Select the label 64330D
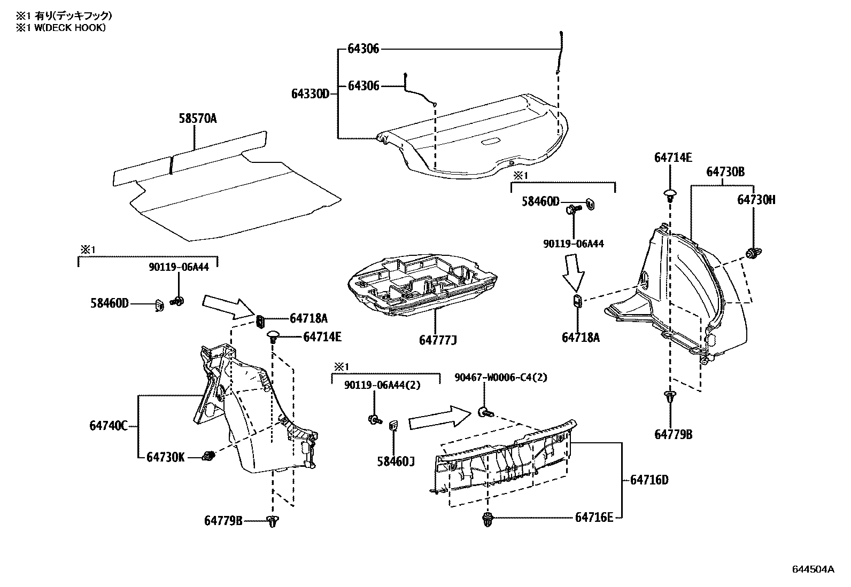tap(310, 94)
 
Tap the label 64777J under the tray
tap(438, 340)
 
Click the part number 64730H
tap(756, 200)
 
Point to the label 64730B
tap(725, 172)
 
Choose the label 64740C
tap(109, 426)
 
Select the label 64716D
tap(649, 480)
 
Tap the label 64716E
tap(594, 517)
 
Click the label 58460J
tap(396, 461)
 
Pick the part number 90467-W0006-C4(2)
tap(501, 378)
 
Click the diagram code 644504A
tap(813, 569)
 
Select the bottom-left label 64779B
tap(223, 520)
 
